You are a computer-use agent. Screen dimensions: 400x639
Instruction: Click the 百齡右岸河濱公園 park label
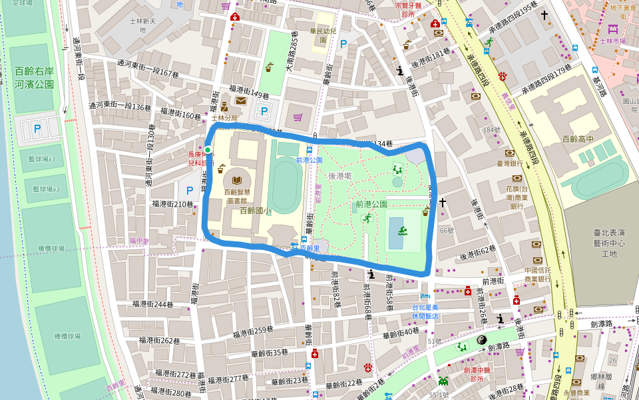point(34,77)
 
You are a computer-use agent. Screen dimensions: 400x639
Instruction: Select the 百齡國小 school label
point(255,211)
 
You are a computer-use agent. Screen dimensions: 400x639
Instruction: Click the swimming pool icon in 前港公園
point(403,231)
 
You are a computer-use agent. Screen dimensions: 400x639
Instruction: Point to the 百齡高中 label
point(576,139)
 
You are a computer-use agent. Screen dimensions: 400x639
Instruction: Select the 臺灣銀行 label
point(509,163)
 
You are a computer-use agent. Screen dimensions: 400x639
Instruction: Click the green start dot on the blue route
point(208,149)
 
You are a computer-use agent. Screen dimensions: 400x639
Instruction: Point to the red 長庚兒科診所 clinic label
point(200,158)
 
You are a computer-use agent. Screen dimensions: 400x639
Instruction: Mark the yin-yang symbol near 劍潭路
point(482,340)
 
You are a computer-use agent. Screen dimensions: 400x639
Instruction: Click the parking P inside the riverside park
point(37,128)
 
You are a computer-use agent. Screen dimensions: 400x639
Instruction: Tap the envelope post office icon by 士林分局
point(240,101)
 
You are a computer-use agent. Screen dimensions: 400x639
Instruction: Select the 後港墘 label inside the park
point(339,176)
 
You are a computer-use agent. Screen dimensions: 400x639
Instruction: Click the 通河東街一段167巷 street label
point(148,68)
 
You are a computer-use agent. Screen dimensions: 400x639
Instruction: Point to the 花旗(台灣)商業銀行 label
point(517,197)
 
